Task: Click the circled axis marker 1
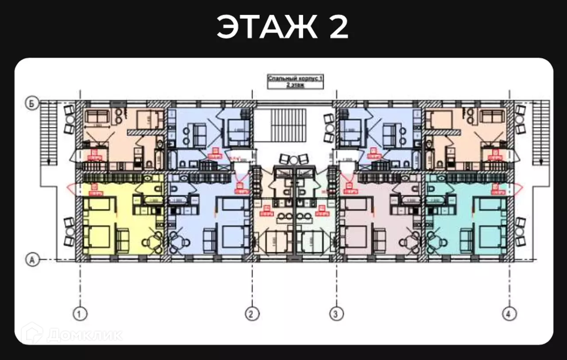tap(80, 314)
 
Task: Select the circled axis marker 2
tap(251, 314)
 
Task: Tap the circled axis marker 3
tap(336, 314)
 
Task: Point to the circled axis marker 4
tap(509, 314)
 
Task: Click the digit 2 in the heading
tap(338, 27)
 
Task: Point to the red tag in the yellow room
tap(94, 191)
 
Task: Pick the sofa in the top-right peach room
tap(491, 117)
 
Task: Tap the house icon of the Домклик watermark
tap(32, 333)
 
